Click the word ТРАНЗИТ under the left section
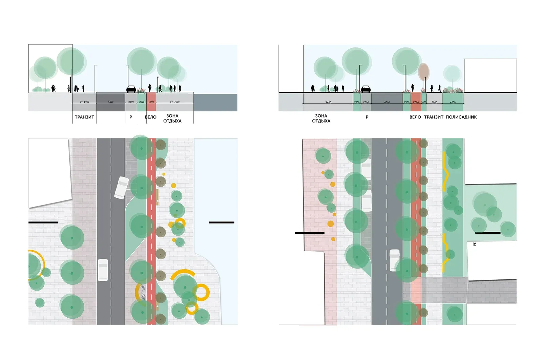click(x=84, y=117)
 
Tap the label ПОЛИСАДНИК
click(x=461, y=117)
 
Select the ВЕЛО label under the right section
click(x=415, y=117)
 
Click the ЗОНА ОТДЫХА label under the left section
click(x=172, y=118)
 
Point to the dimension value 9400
click(x=328, y=102)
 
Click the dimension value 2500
click(x=131, y=102)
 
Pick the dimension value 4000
click(x=453, y=102)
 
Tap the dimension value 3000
click(x=434, y=102)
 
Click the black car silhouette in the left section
click(x=131, y=89)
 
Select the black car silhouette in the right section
click(x=366, y=89)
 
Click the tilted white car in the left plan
click(x=121, y=187)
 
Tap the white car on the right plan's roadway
click(x=395, y=260)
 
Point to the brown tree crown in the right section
click(x=423, y=71)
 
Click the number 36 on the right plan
click(x=474, y=244)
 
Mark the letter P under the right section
click(x=367, y=117)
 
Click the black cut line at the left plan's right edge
click(x=222, y=223)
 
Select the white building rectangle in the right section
click(x=490, y=76)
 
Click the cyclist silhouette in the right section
click(x=413, y=88)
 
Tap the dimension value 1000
click(x=424, y=102)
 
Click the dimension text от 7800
click(x=175, y=102)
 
